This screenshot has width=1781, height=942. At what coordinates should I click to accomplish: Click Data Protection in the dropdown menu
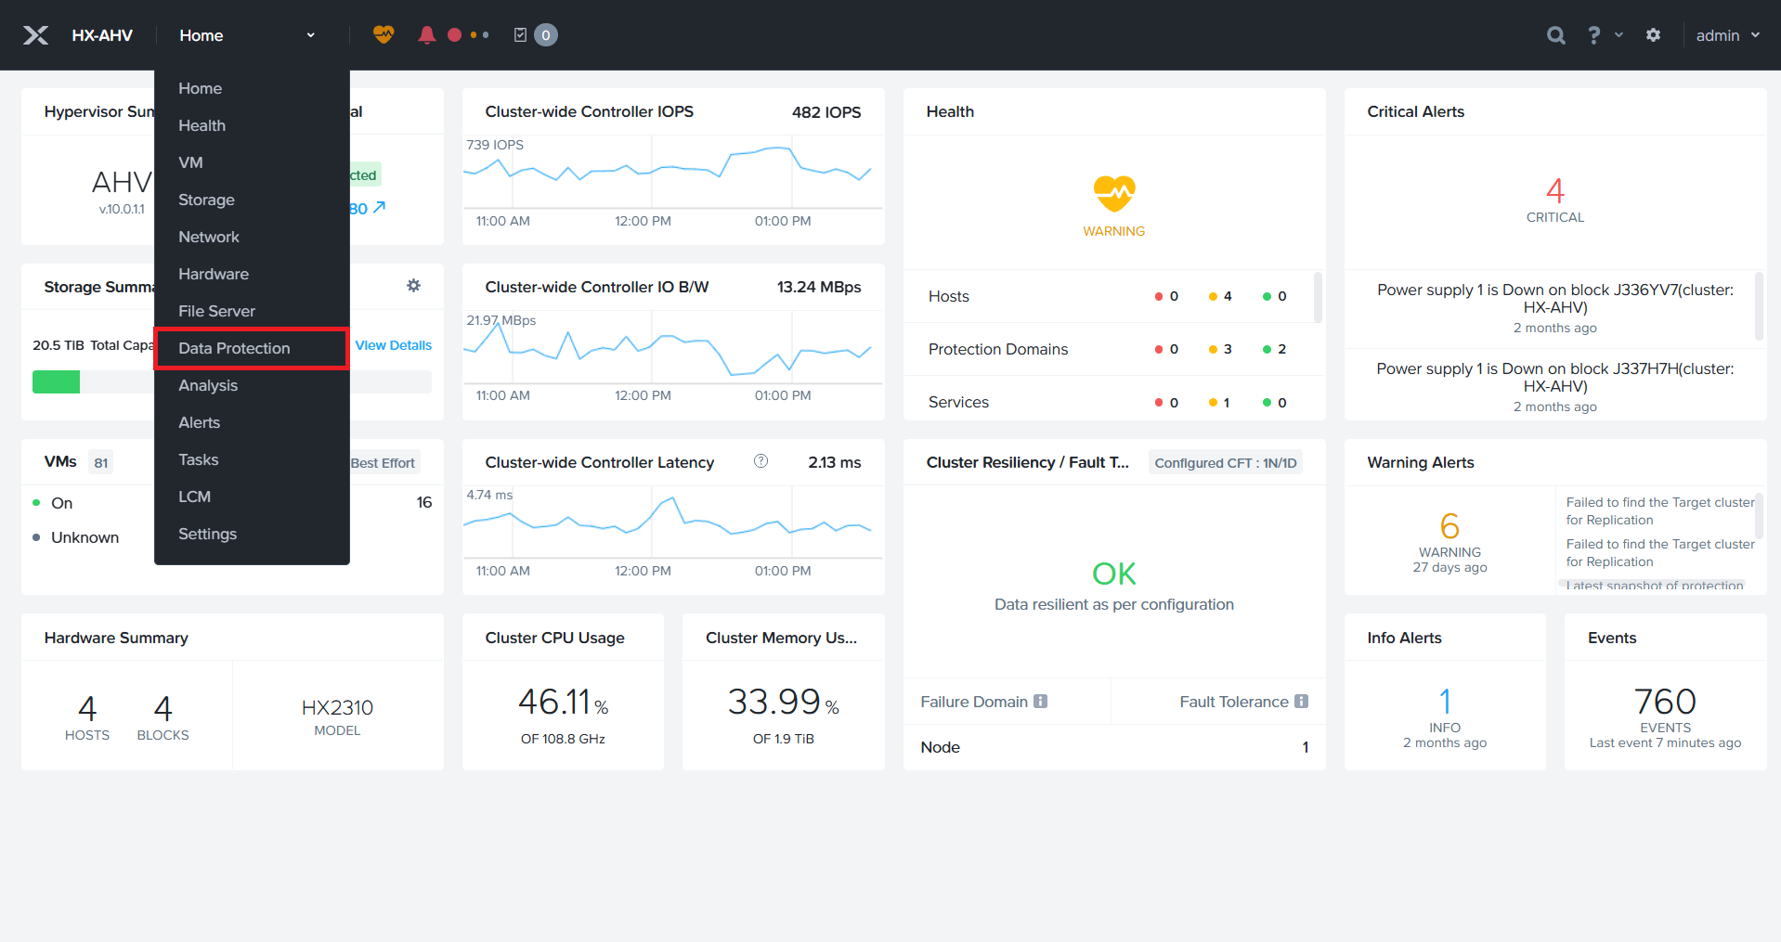[x=234, y=348]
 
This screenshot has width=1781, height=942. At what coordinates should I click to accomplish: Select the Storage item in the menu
[x=206, y=200]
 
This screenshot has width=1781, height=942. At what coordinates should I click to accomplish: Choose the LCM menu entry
[x=194, y=497]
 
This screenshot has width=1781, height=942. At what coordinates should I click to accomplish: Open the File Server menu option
[x=216, y=311]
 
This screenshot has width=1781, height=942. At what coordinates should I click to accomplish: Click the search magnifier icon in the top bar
[x=1555, y=35]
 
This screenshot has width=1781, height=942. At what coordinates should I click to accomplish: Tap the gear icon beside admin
[x=1653, y=35]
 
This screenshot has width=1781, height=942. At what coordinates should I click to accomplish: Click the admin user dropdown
[x=1727, y=35]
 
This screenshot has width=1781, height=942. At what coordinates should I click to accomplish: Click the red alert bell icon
[x=426, y=35]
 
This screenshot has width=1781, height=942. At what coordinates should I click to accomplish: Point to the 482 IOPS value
[x=825, y=112]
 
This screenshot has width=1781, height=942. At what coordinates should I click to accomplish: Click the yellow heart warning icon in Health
[x=1113, y=193]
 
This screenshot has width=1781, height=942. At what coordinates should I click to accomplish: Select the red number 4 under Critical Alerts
[x=1554, y=191]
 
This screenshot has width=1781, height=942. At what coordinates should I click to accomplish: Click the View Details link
[x=393, y=345]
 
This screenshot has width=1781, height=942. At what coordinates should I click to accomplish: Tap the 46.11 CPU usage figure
[x=554, y=703]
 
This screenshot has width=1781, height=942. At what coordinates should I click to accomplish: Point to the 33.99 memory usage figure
[x=773, y=703]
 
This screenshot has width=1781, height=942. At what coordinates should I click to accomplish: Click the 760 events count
[x=1665, y=702]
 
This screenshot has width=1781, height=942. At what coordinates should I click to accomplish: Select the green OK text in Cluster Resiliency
[x=1113, y=574]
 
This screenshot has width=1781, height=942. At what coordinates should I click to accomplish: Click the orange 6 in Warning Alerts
[x=1449, y=526]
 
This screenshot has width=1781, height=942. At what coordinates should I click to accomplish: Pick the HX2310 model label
[x=337, y=708]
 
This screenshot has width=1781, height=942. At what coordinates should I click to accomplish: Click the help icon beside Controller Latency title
[x=760, y=461]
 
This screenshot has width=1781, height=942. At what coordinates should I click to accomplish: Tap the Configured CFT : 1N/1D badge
[x=1225, y=462]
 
